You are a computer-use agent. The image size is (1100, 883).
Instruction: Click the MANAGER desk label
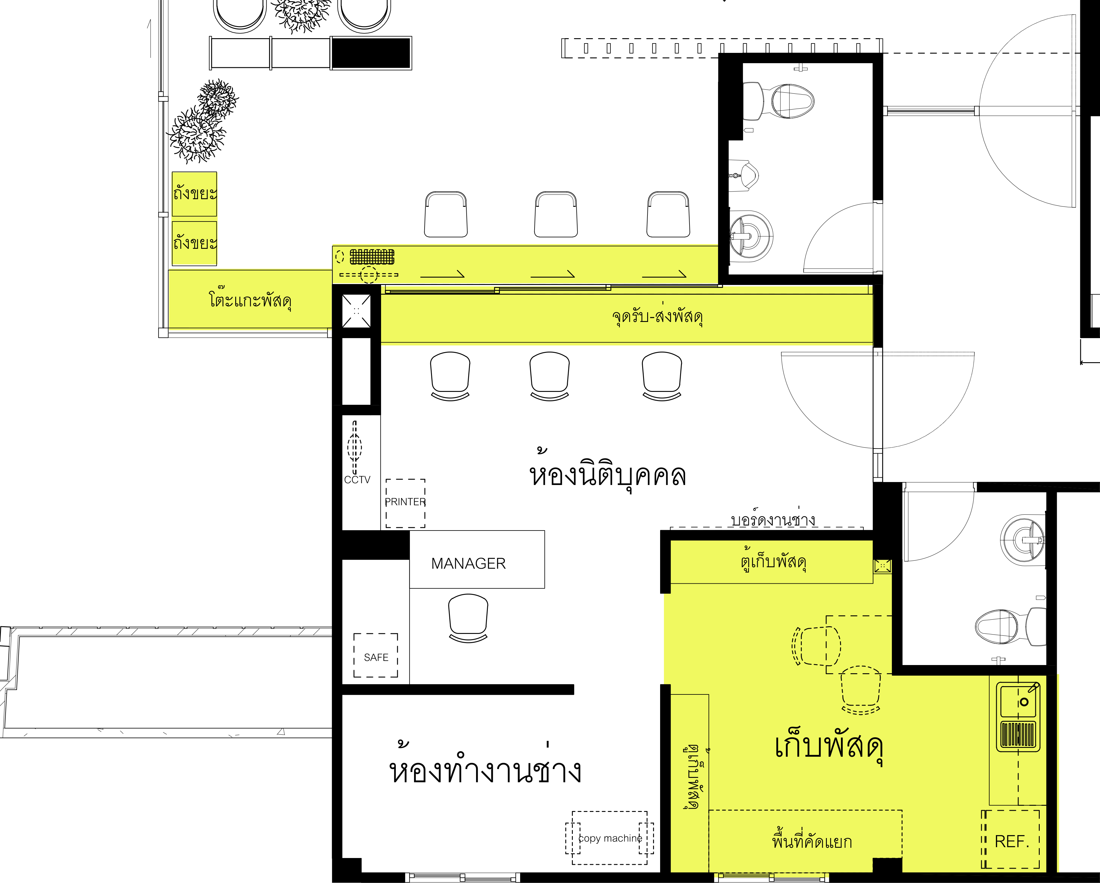coord(468,563)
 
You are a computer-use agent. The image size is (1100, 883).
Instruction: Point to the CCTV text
coord(357,480)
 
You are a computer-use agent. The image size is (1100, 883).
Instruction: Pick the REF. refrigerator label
coord(1012,841)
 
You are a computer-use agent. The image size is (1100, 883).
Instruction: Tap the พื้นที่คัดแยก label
coord(812,840)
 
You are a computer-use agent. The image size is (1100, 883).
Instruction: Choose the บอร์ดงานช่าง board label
coord(773,518)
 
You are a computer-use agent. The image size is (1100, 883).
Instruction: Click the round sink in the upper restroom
coord(750,236)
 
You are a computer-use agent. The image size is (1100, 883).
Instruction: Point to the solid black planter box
coord(371,53)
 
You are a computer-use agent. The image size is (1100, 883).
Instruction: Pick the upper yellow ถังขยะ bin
coord(194,194)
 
